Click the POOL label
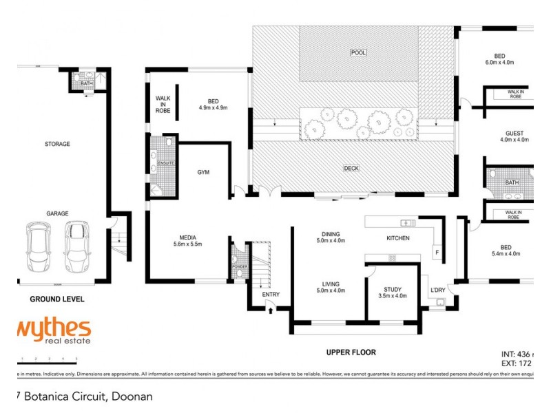pyautogui.click(x=358, y=53)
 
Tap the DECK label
pyautogui.click(x=352, y=167)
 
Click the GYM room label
pyautogui.click(x=203, y=171)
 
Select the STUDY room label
pyautogui.click(x=392, y=290)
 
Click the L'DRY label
pyautogui.click(x=439, y=290)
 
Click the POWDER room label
pyautogui.click(x=239, y=265)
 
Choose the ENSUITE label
pyautogui.click(x=166, y=163)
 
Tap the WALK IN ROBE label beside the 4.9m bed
pyautogui.click(x=163, y=104)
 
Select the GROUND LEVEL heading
pyautogui.click(x=57, y=299)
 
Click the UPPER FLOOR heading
pyautogui.click(x=351, y=352)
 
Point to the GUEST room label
pyautogui.click(x=514, y=133)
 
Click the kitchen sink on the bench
pyautogui.click(x=406, y=222)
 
